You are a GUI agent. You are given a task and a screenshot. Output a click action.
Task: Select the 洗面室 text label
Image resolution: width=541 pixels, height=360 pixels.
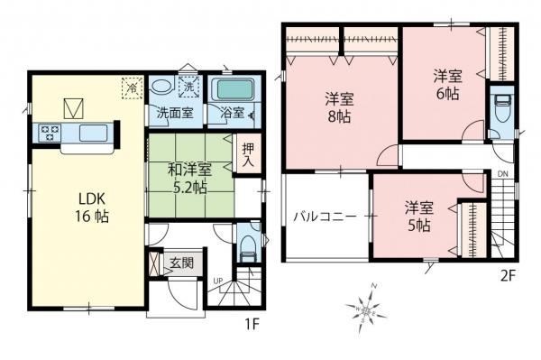coord(175,114)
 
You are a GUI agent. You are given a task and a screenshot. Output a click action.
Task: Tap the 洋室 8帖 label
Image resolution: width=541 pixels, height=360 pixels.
coord(339,108)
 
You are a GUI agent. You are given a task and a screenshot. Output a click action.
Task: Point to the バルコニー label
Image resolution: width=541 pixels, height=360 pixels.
coord(325,217)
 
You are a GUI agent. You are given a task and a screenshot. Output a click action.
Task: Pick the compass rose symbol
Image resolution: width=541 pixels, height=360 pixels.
coord(371,306)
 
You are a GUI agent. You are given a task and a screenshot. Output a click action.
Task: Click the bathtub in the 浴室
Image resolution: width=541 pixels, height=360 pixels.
coord(233,90)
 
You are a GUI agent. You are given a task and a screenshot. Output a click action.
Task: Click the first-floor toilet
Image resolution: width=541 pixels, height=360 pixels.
coord(248,245)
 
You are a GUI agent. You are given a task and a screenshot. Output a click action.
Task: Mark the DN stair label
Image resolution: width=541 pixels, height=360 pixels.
coord(501,173)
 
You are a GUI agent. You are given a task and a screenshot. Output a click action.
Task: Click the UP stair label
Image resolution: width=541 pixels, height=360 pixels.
coord(216,281)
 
